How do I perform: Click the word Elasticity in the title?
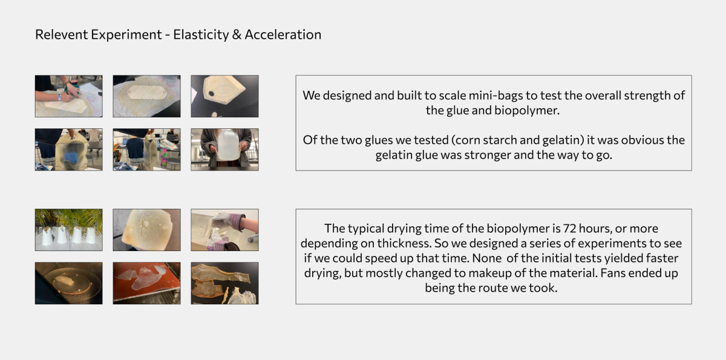click(x=201, y=35)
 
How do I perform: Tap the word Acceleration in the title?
click(x=283, y=34)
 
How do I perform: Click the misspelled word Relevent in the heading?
click(x=61, y=34)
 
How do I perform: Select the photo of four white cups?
click(x=69, y=230)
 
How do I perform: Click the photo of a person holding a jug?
click(x=224, y=149)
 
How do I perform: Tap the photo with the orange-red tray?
click(x=146, y=283)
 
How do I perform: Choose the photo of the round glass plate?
click(x=69, y=283)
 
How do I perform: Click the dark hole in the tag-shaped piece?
click(x=211, y=94)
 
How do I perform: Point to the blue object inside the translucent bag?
click(x=69, y=157)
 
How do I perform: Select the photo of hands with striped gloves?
click(x=224, y=230)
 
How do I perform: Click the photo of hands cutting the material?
click(x=69, y=96)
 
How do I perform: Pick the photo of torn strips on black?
click(x=224, y=283)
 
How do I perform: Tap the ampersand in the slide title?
click(x=237, y=34)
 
